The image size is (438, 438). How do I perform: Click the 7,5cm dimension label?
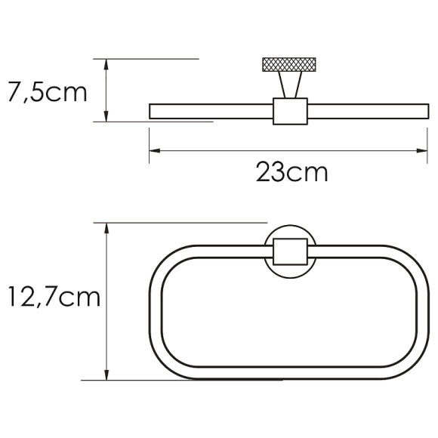click(x=46, y=94)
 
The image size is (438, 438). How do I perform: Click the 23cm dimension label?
click(x=291, y=173)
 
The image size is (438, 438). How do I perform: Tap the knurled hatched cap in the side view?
click(x=289, y=64)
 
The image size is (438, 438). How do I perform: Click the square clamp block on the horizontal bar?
click(x=289, y=112)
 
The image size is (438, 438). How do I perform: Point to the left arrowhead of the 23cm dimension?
click(x=153, y=151)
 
